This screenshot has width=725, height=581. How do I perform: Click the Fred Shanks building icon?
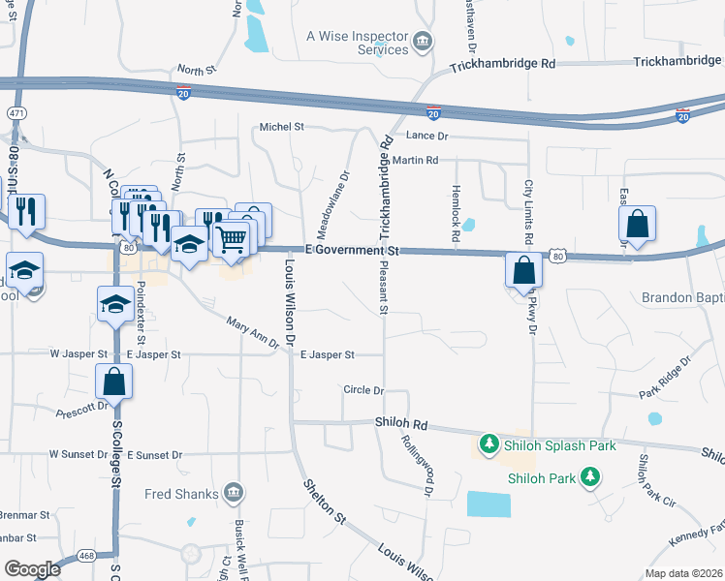click(232, 493)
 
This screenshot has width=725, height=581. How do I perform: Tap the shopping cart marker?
click(231, 238)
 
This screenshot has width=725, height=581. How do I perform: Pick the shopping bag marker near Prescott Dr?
click(114, 382)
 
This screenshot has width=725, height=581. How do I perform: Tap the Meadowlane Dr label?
click(344, 197)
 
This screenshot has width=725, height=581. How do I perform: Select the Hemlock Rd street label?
click(455, 214)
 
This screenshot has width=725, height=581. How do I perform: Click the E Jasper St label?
click(327, 355)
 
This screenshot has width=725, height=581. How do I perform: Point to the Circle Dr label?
click(364, 389)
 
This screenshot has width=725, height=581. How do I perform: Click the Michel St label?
click(281, 127)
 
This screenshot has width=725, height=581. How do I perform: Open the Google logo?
click(32, 569)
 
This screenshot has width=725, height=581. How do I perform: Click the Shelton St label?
click(325, 502)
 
